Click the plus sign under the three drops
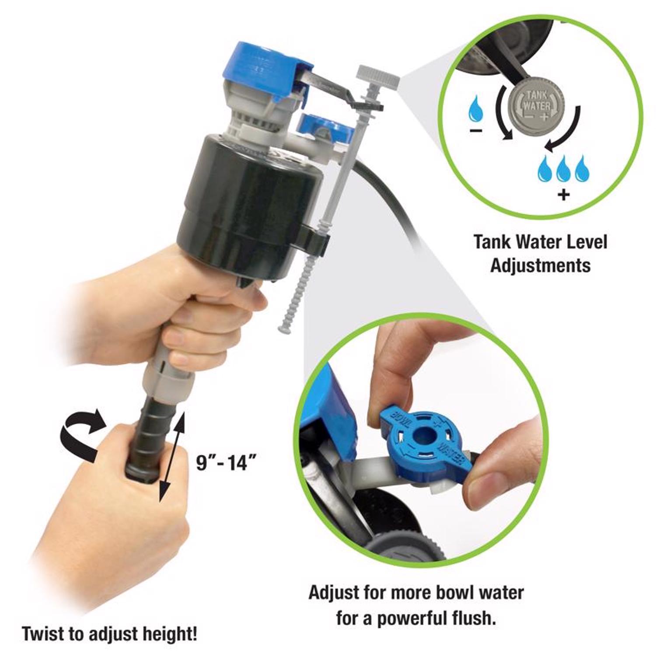click(x=564, y=193)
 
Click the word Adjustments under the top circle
click(x=540, y=265)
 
